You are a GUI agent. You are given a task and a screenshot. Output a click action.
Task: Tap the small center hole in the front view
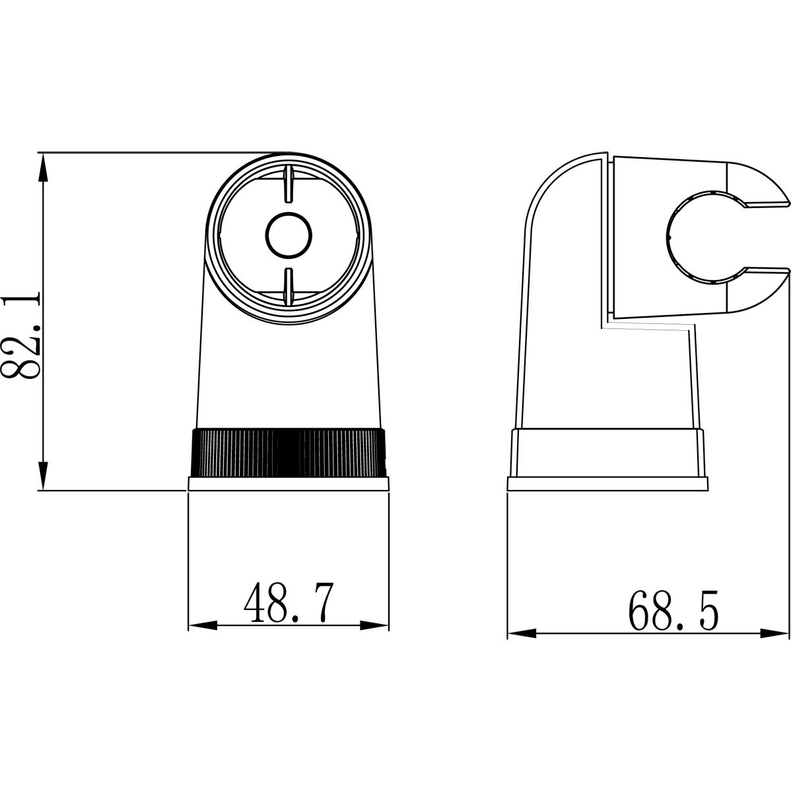289,234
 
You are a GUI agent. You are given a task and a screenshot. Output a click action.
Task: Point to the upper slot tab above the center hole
289,184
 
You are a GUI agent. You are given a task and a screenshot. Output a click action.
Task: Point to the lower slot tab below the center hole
289,287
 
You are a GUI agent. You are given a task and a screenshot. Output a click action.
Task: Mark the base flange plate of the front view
288,484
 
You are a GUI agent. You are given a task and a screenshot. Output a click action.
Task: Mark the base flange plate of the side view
608,484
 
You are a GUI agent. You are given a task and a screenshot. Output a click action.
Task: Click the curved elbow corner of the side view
551,182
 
